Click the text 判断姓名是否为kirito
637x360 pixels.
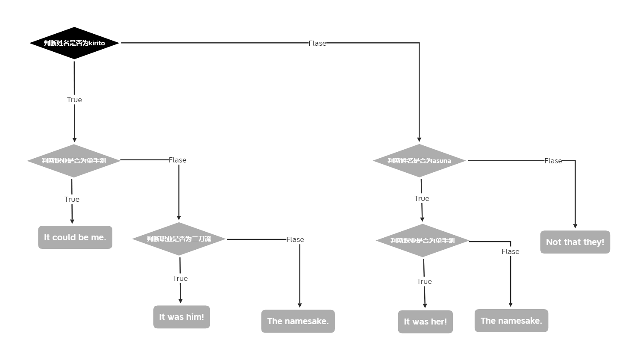[74, 43]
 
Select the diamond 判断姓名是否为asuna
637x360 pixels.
[419, 161]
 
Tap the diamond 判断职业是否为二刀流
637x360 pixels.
[179, 239]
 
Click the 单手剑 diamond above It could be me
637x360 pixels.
[74, 161]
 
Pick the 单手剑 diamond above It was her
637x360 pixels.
[422, 241]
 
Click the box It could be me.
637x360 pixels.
[75, 237]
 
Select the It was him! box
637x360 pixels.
[182, 317]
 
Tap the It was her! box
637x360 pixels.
[425, 322]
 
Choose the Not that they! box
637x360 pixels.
[575, 242]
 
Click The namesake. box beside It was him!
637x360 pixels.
[298, 321]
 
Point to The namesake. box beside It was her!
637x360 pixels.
[511, 321]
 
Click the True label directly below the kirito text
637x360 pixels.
[74, 100]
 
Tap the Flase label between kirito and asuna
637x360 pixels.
[317, 43]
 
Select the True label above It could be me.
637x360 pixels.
[72, 199]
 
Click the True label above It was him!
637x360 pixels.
[180, 278]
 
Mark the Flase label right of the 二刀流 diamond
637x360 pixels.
[295, 239]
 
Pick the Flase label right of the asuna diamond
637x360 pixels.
[553, 161]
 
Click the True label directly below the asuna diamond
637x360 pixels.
[422, 198]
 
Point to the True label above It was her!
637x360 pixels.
[424, 281]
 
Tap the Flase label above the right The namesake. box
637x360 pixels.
[511, 251]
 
